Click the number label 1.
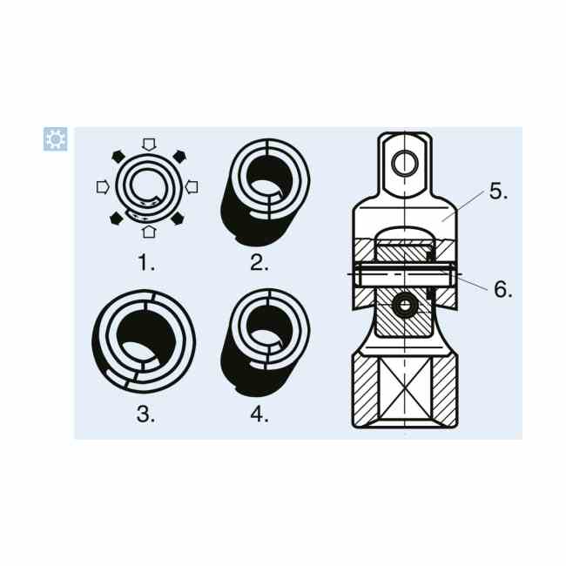click(146, 262)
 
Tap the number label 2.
click(259, 262)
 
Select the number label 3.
click(145, 414)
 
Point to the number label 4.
click(259, 414)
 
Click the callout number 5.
click(498, 191)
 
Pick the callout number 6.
click(502, 289)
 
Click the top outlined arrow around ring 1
click(149, 145)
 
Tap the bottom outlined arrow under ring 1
click(149, 232)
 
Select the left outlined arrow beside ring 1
click(104, 187)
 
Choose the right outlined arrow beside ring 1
click(192, 187)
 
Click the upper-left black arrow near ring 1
click(118, 156)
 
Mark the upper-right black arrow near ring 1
click(179, 156)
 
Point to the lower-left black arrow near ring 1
click(116, 219)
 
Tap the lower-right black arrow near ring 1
click(178, 219)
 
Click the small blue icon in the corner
click(55, 139)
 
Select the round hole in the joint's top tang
click(405, 164)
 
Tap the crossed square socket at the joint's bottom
click(405, 389)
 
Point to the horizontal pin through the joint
click(405, 274)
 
